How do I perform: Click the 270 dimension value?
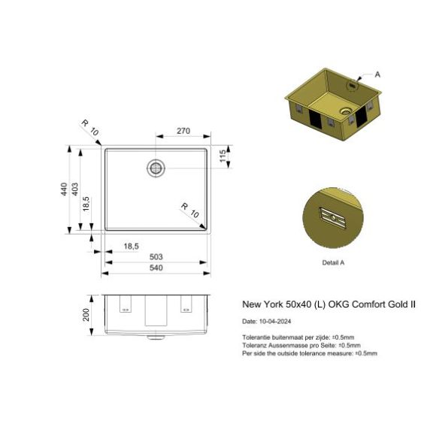[183, 131]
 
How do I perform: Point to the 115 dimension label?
[223, 158]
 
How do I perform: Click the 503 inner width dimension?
[156, 256]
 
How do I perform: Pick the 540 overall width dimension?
[156, 268]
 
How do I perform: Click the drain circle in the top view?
[156, 167]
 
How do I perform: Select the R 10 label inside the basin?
[189, 209]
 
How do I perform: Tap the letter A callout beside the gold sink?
[377, 74]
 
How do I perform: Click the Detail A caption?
[332, 262]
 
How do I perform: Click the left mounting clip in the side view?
[124, 306]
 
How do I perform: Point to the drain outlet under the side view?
[156, 335]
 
